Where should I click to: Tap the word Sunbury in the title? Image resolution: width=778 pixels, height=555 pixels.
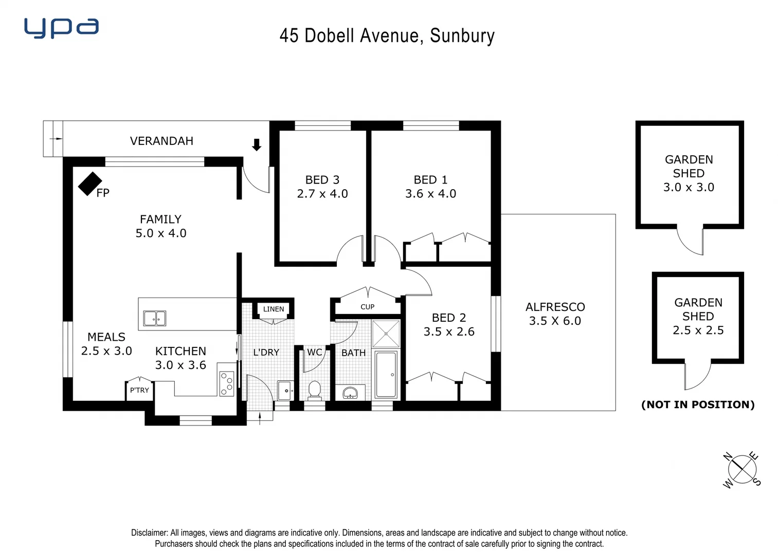(x=462, y=35)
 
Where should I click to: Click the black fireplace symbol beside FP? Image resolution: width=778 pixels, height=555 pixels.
(x=89, y=183)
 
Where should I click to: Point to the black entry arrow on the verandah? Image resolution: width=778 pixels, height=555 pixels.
(x=256, y=145)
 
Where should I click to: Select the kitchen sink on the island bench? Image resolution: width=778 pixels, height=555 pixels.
(x=154, y=318)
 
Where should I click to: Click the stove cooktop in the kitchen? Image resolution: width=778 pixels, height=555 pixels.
(x=226, y=383)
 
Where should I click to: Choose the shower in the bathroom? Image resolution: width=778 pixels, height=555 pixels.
(x=386, y=334)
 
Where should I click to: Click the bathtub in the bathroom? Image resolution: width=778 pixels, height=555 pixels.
(x=386, y=375)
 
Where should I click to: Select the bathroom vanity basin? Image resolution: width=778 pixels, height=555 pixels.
(x=350, y=393)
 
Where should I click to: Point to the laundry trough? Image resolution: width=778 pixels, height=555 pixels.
(x=285, y=391)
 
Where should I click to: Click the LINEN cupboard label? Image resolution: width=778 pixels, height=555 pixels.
(x=273, y=309)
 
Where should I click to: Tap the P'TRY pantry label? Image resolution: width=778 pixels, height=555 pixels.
(x=139, y=390)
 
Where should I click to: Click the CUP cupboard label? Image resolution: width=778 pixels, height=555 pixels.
(x=367, y=307)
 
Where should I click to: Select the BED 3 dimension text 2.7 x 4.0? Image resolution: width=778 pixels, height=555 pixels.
(x=322, y=194)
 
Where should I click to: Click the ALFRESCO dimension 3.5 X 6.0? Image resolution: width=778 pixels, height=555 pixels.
(x=555, y=321)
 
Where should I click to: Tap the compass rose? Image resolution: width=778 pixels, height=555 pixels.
(x=742, y=469)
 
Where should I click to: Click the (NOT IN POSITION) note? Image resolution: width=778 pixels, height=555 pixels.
(x=698, y=404)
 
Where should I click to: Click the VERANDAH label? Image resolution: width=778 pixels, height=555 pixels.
(x=161, y=141)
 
